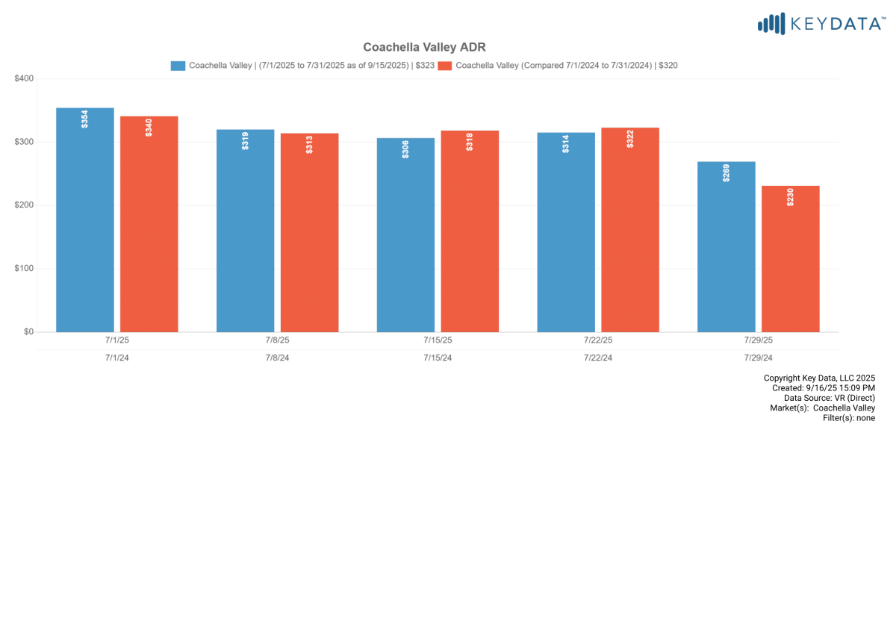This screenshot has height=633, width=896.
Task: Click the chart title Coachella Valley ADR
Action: pos(424,47)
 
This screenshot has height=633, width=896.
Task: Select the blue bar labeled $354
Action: pos(85,220)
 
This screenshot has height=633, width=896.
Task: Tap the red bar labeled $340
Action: pos(149,224)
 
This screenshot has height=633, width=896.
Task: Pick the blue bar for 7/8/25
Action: pos(245,231)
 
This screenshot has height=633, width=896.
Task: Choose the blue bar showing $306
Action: pos(405,235)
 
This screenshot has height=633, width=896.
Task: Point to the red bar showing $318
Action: pos(470,231)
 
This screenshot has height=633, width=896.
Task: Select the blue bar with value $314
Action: pos(566,232)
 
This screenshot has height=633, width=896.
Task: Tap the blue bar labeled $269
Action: pos(727,247)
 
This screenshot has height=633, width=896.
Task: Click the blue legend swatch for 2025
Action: pos(178,66)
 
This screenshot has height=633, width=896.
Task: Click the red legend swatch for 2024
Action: pos(444,66)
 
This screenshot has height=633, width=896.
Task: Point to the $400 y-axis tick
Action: pos(24,78)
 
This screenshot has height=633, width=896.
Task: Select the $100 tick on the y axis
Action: pos(24,269)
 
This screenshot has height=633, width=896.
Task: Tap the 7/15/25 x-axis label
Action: pos(438,340)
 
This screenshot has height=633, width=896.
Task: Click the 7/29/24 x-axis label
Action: pos(758,358)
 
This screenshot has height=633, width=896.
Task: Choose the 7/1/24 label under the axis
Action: pos(117,358)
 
